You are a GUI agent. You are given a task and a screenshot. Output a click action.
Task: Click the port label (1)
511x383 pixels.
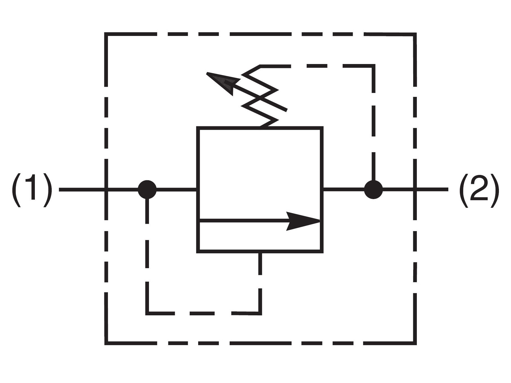coord(32,190)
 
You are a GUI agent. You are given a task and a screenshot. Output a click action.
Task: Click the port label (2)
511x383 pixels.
coord(479,190)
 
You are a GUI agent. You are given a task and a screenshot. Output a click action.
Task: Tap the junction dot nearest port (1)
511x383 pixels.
coord(147,190)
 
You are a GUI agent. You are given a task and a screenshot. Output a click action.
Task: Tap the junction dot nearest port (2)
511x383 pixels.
coord(373,190)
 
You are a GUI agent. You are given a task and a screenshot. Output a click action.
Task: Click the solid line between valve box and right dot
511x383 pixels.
coord(343,190)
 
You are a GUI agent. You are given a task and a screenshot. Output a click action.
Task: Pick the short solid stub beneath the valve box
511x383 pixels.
coord(260,264)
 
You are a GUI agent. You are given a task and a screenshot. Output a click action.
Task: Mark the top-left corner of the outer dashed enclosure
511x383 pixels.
coord(106,34)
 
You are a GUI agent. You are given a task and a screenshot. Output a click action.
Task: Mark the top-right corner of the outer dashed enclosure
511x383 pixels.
coord(415,34)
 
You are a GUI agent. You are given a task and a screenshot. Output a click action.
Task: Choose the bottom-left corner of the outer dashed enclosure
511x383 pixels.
coord(106,343)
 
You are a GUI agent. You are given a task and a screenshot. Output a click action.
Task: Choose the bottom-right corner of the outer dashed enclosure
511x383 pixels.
coord(415,343)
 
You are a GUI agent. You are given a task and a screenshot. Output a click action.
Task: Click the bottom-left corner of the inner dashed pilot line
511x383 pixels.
coord(147,313)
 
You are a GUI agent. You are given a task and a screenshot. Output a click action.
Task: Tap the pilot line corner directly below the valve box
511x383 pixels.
coord(260,313)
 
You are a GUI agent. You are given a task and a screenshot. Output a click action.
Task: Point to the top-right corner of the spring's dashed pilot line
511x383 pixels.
coord(373,66)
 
